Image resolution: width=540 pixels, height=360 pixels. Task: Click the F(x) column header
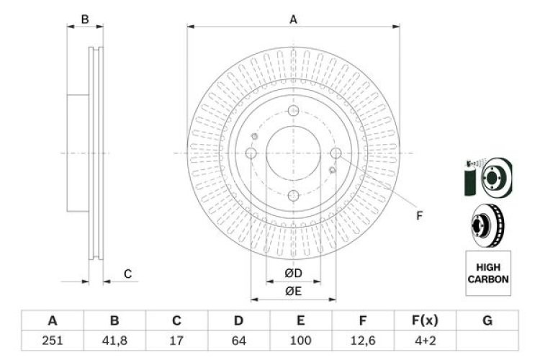pyautogui.click(x=425, y=320)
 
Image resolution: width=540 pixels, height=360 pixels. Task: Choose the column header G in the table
pyautogui.click(x=487, y=320)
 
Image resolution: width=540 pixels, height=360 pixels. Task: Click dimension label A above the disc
pyautogui.click(x=293, y=20)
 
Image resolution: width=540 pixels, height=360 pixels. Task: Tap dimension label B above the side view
pyautogui.click(x=85, y=20)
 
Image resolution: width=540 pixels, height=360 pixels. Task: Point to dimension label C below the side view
pyautogui.click(x=127, y=274)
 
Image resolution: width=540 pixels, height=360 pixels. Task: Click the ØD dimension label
pyautogui.click(x=292, y=274)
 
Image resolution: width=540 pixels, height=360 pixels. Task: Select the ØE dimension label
pyautogui.click(x=292, y=291)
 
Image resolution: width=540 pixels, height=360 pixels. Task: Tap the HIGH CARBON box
pyautogui.click(x=488, y=273)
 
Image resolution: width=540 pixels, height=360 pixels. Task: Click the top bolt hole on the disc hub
pyautogui.click(x=293, y=111)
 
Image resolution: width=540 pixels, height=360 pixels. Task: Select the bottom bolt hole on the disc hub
pyautogui.click(x=293, y=195)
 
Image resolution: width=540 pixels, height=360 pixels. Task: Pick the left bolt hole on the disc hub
pyautogui.click(x=251, y=153)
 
